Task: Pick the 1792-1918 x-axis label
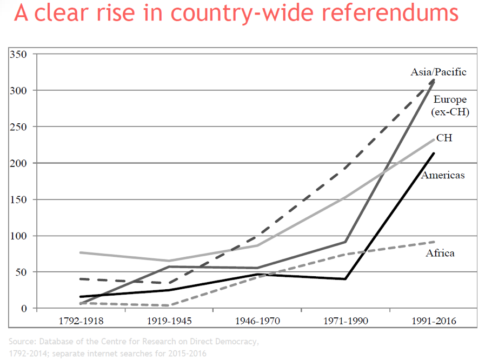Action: coord(81,321)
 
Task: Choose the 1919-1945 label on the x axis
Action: coord(169,321)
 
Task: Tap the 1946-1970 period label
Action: coord(257,321)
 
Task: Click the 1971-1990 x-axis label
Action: coord(346,321)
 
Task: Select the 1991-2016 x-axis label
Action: coord(434,321)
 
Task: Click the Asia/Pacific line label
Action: coord(439,72)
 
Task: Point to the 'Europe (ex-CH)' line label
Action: coord(450,105)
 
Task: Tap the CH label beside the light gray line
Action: coord(445,138)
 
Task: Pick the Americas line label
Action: coord(443,175)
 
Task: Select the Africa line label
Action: coord(440,253)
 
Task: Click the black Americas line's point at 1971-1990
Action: coord(346,279)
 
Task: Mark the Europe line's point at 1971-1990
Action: coord(346,242)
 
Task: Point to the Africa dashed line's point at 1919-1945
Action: coord(169,305)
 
